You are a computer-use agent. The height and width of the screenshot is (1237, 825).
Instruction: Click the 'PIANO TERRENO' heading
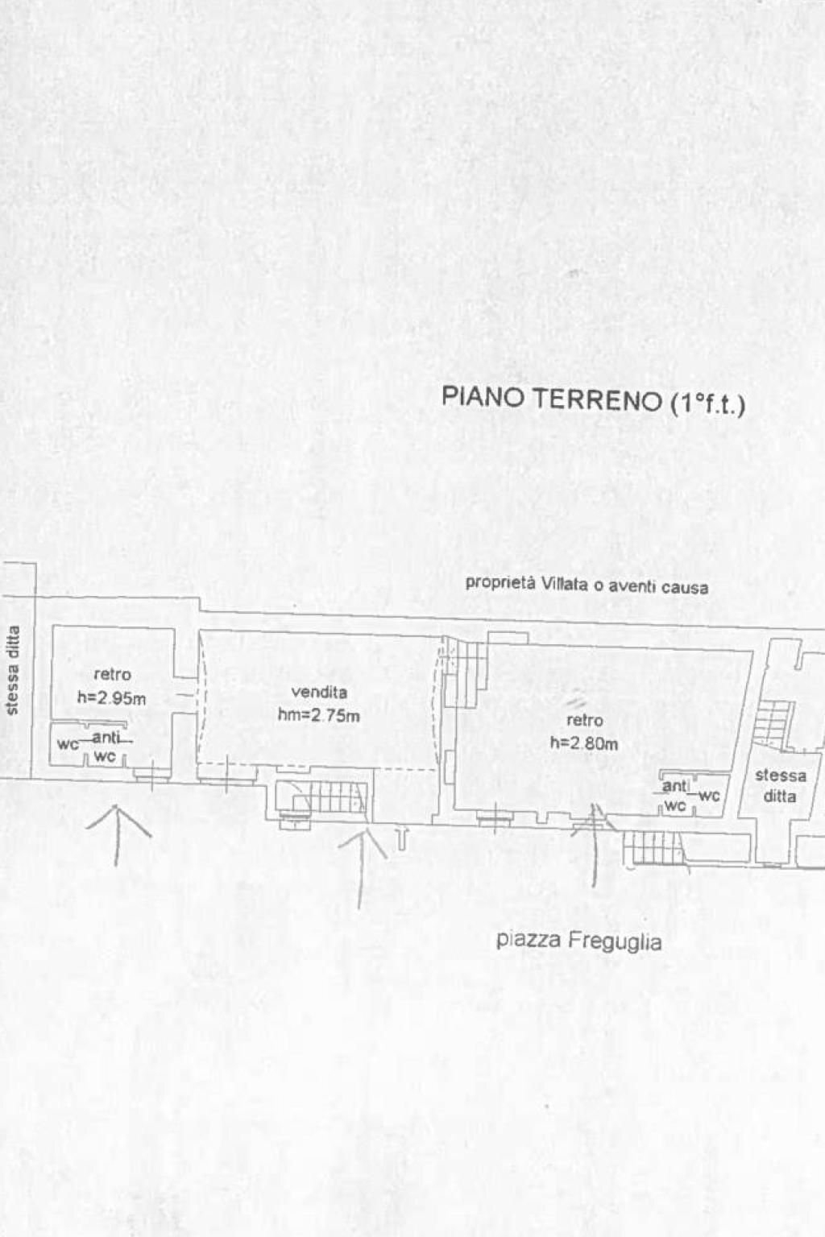[x=551, y=399]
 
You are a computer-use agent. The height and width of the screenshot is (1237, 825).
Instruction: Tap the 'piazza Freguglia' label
[x=579, y=940]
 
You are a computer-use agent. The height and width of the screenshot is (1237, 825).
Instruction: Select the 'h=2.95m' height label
[x=111, y=698]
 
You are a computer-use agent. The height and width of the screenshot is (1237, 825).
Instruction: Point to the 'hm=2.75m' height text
[x=319, y=714]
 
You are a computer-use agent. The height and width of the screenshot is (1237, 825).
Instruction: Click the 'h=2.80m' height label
[x=584, y=743]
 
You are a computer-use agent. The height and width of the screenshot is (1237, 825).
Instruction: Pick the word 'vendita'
[x=319, y=692]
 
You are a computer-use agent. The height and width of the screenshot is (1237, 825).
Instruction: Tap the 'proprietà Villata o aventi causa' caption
[x=587, y=585]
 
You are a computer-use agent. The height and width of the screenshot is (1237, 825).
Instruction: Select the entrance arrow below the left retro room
[x=118, y=829]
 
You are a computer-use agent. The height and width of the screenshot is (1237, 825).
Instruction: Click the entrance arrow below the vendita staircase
[x=362, y=858]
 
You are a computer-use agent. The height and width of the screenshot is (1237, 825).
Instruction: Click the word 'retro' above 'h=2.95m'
[x=112, y=675]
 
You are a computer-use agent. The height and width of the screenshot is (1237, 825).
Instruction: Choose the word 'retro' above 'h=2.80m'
[x=584, y=720]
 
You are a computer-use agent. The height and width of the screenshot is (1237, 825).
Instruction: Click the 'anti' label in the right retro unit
[x=674, y=786]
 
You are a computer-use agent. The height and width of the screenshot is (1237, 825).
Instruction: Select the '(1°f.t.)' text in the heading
[x=707, y=403]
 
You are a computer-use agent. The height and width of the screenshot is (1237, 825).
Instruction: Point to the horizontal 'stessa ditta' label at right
[x=780, y=785]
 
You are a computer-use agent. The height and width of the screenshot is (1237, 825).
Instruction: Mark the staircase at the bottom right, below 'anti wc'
[x=652, y=847]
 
